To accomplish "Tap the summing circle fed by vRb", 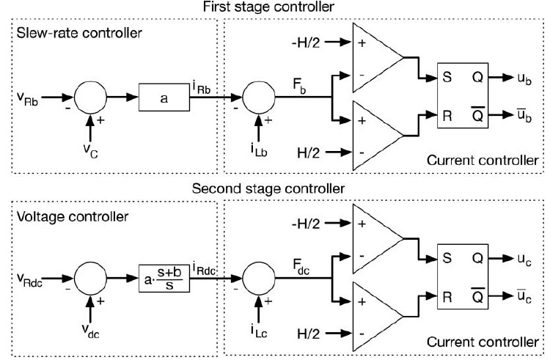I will click(91, 96).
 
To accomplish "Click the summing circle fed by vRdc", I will click(91, 279).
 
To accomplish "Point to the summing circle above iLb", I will click(257, 96).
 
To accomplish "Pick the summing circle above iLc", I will click(257, 279).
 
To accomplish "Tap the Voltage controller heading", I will click(65, 217).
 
